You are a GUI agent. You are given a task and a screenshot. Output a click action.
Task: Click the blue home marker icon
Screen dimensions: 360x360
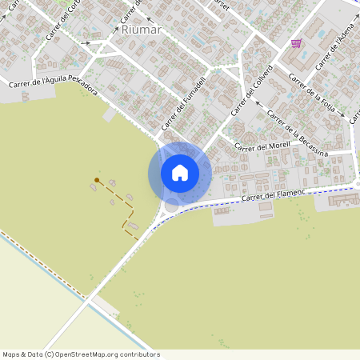point(180,173)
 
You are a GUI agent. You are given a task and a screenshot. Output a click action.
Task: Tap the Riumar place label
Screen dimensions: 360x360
point(142,30)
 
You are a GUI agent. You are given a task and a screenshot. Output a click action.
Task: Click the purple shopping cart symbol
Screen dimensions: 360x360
point(296,43)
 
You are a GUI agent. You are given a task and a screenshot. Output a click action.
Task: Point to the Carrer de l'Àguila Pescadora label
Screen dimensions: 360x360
point(53,86)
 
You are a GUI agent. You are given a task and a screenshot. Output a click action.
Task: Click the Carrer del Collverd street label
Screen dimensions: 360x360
point(254,90)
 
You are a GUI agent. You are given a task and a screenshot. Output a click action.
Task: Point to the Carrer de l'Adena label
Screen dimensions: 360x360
point(336,49)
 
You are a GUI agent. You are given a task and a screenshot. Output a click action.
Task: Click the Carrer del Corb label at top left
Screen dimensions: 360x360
point(64,18)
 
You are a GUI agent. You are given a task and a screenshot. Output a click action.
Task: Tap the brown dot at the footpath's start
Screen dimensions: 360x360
point(97,180)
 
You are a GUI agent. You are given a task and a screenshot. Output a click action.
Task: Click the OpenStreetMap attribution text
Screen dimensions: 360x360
point(81,354)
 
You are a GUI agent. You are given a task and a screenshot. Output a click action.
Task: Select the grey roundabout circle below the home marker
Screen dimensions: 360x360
point(171,206)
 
